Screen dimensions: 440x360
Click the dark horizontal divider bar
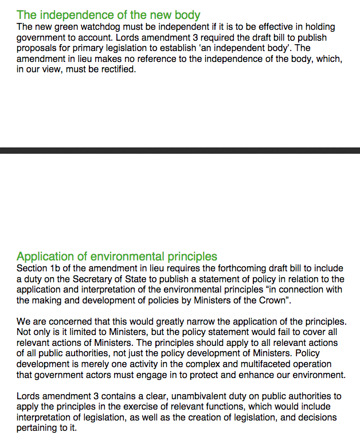pyautogui.click(x=180, y=150)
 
